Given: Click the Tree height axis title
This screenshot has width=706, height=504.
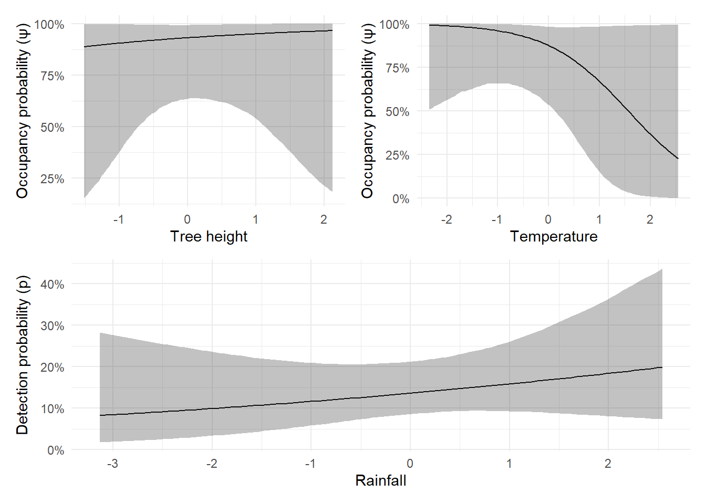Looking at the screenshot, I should (209, 237).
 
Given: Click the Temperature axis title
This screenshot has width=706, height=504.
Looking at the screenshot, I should (554, 237).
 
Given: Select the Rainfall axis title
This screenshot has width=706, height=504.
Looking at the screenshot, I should (381, 480).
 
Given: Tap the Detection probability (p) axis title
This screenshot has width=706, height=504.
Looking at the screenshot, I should (23, 355).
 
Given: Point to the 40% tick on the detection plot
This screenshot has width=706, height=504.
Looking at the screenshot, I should (52, 285).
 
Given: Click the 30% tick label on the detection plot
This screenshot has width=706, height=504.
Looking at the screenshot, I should (52, 326).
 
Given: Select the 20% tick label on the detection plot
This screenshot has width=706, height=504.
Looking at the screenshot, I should (52, 367).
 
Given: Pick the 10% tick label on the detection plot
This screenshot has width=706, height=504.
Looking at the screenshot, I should (52, 409).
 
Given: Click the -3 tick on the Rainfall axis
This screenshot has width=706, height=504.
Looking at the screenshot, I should (112, 464).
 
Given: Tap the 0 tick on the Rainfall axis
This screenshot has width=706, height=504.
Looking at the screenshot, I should (410, 464).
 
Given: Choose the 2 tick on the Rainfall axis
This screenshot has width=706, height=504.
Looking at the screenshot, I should (608, 464).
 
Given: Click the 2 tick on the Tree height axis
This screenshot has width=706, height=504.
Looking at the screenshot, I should (324, 219).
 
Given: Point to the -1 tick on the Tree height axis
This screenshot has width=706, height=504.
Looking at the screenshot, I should (118, 219).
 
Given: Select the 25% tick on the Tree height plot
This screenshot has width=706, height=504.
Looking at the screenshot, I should (52, 179).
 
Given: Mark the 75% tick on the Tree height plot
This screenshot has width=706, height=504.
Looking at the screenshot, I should (52, 76).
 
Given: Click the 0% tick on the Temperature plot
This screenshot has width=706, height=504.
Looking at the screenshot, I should (401, 199).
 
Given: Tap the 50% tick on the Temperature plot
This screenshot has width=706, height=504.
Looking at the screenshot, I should (398, 112).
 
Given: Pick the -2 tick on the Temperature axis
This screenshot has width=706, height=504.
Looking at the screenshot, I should (447, 219).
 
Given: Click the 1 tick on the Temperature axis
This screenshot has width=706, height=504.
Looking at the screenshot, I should (599, 219).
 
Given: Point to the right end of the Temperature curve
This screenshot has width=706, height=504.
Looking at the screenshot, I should (678, 159).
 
